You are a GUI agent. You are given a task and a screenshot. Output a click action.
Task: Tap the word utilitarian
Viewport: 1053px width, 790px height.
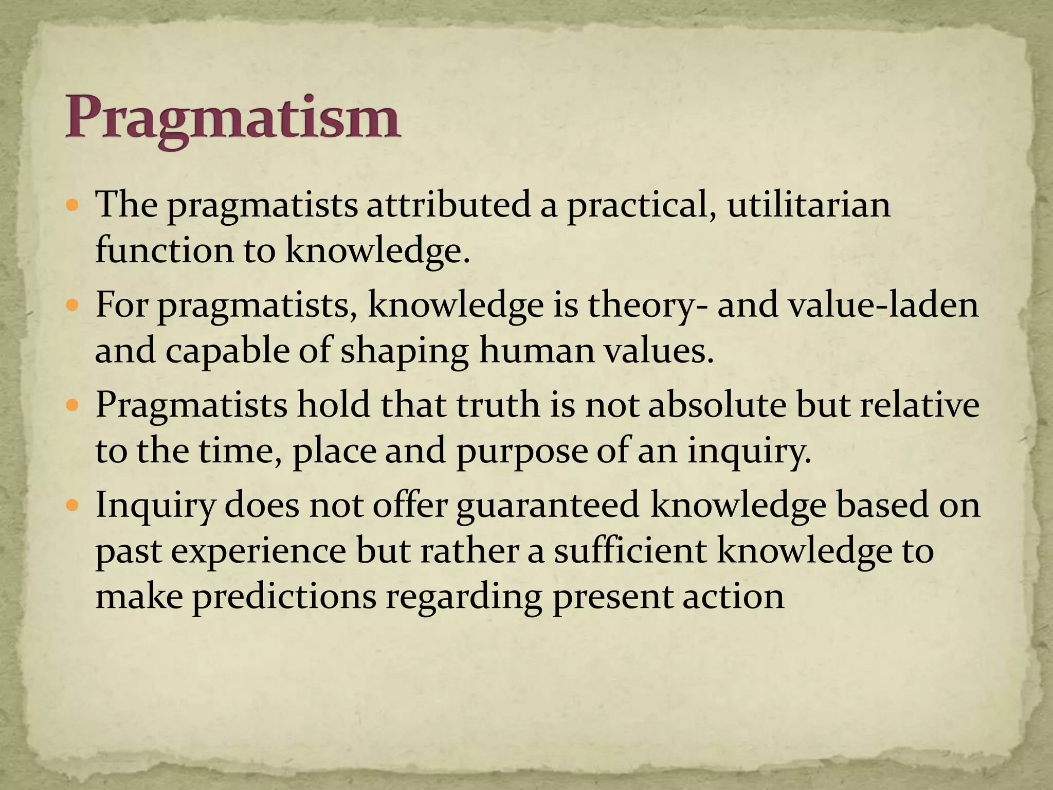coord(809,205)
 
